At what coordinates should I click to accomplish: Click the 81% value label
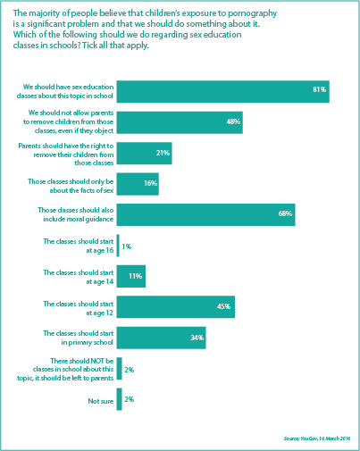pyautogui.click(x=319, y=89)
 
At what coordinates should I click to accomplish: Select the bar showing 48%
pyautogui.click(x=179, y=121)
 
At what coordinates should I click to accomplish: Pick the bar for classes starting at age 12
pyautogui.click(x=175, y=306)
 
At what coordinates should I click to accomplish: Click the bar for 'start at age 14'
pyautogui.click(x=130, y=276)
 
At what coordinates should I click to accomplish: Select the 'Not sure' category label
pyautogui.click(x=101, y=401)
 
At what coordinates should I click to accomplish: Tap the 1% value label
pyautogui.click(x=126, y=246)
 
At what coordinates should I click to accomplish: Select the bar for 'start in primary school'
pyautogui.click(x=161, y=338)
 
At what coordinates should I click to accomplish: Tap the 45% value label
pyautogui.click(x=224, y=306)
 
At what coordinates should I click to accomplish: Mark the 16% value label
pyautogui.click(x=148, y=184)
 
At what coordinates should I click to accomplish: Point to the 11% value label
pyautogui.click(x=136, y=276)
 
